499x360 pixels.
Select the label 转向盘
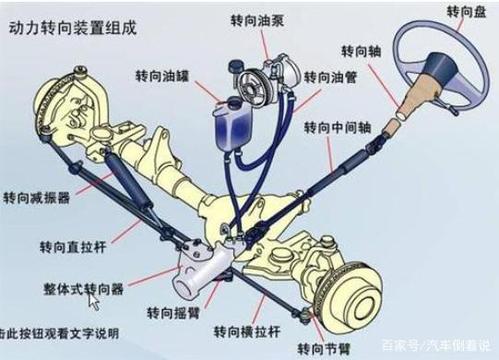pyautogui.click(x=441, y=13)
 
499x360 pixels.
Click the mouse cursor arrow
pyautogui.click(x=93, y=300)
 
